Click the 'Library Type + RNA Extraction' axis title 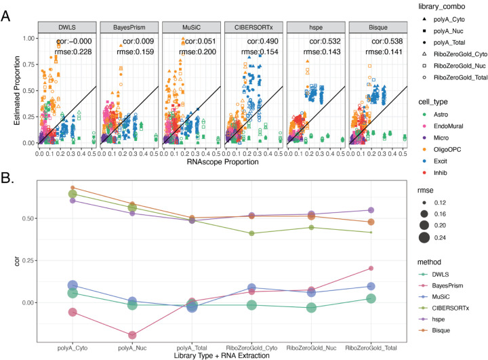(223, 355)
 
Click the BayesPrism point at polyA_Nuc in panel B (131, 335)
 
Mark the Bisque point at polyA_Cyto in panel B (73, 188)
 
